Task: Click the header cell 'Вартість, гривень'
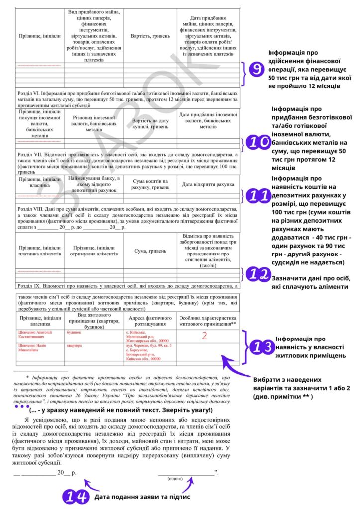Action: [x=150, y=36]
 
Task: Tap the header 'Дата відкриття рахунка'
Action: [x=208, y=184]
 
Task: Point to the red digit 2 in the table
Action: [x=204, y=335]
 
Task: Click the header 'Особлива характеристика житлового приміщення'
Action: [x=208, y=321]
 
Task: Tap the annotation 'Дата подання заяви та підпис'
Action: [x=142, y=496]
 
